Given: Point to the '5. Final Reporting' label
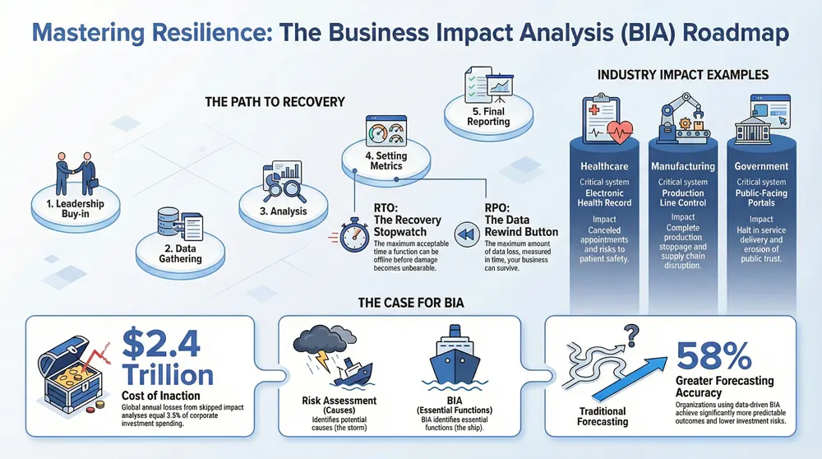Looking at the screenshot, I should pyautogui.click(x=487, y=116).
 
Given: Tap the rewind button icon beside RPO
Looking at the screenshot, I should pyautogui.click(x=466, y=234).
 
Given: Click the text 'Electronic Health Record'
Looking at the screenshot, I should pyautogui.click(x=604, y=197).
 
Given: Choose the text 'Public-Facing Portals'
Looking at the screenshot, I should pyautogui.click(x=761, y=197).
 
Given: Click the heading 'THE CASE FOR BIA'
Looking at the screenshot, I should pyautogui.click(x=411, y=302).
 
